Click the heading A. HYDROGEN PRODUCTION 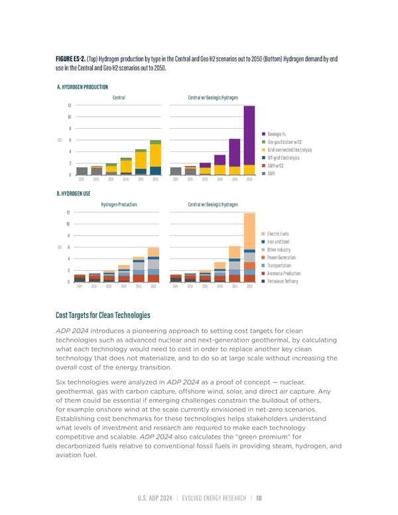click(83, 86)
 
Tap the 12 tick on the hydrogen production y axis click(70, 106)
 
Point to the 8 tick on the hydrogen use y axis click(70, 236)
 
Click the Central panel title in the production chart click(119, 98)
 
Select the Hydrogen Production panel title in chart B click(119, 204)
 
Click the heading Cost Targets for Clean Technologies click(103, 315)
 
